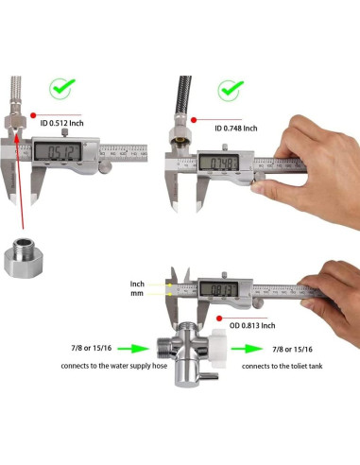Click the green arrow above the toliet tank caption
coord(267,347)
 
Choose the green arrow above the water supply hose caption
coord(128,347)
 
